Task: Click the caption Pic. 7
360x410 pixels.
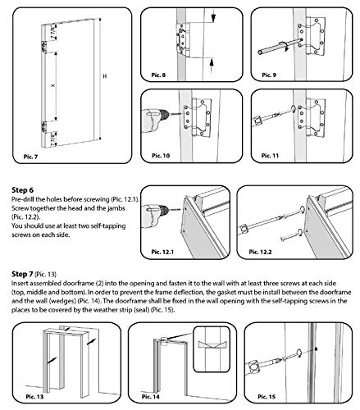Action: (x=30, y=157)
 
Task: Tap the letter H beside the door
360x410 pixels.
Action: (x=104, y=76)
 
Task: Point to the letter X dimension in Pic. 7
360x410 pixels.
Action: (x=52, y=85)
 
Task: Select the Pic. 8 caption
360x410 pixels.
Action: (x=158, y=75)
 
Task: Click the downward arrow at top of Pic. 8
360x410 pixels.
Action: (x=213, y=16)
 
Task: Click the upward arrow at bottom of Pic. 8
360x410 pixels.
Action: (x=212, y=66)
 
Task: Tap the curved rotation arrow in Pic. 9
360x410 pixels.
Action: (x=285, y=46)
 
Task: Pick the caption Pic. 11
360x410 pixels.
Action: (x=270, y=156)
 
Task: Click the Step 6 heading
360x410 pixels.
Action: (x=23, y=190)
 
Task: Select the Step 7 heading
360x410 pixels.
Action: (x=22, y=274)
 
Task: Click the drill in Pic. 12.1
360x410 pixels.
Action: (x=155, y=211)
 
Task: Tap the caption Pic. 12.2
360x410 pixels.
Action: (x=260, y=252)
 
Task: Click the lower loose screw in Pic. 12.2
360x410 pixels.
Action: (x=291, y=235)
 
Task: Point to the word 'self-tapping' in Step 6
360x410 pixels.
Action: (x=109, y=226)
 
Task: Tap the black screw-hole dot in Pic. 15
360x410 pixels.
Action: (x=316, y=348)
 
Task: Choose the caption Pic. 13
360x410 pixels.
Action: (x=34, y=396)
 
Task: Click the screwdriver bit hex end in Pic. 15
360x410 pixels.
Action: (x=255, y=367)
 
